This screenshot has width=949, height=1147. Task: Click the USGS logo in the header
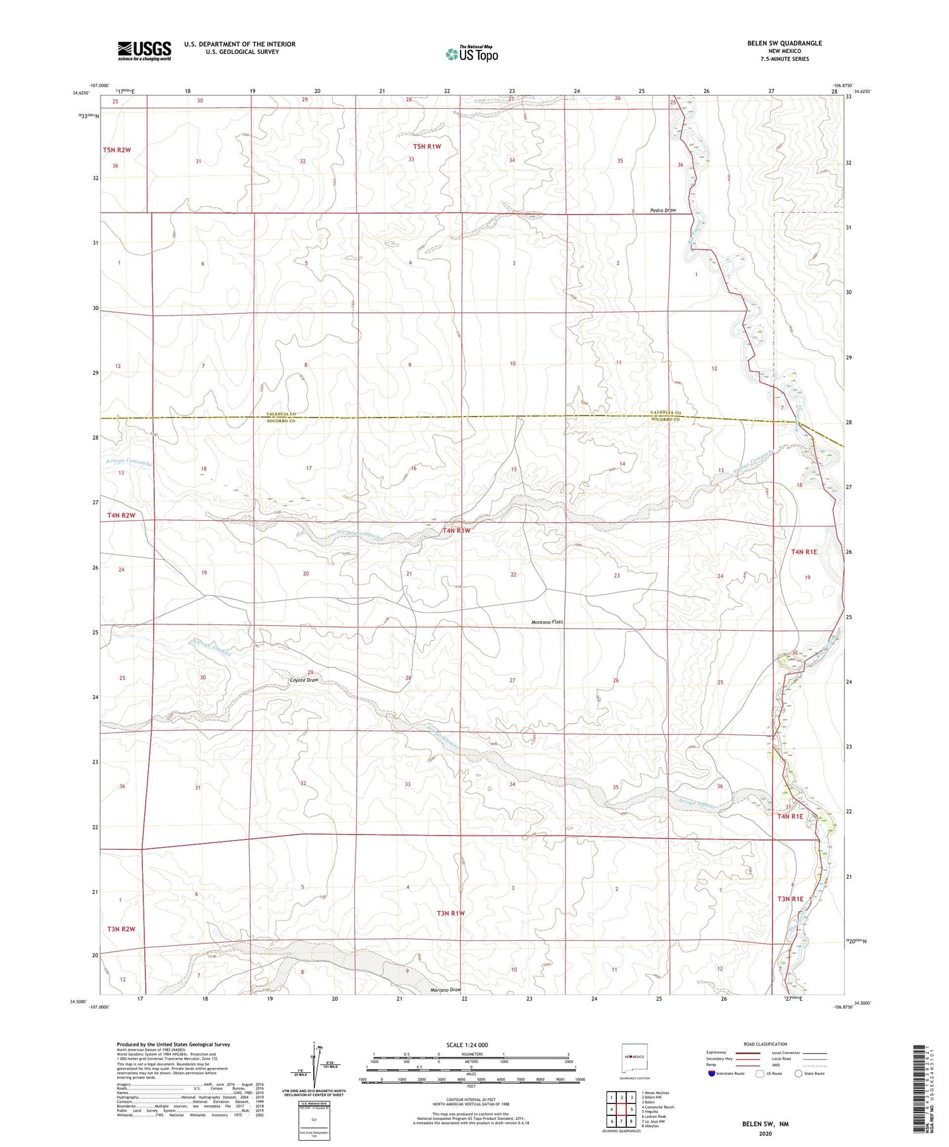[x=144, y=51]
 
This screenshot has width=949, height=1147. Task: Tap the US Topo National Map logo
[x=471, y=54]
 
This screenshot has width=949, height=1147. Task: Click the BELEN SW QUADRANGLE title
[x=784, y=43]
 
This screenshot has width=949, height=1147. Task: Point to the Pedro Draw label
[x=662, y=210]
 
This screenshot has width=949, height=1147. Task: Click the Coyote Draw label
[x=304, y=680]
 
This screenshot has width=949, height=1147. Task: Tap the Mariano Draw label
[x=445, y=990]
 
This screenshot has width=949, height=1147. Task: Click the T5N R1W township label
[x=426, y=147]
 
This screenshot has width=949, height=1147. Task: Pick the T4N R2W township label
[x=121, y=516]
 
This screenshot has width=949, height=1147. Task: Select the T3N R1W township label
[x=450, y=913]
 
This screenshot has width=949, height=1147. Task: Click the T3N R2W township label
[x=121, y=929]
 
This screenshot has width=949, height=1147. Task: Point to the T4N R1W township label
[x=456, y=531]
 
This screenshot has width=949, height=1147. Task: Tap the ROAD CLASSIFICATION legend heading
[x=766, y=1044]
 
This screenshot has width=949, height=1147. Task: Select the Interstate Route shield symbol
[x=712, y=1074]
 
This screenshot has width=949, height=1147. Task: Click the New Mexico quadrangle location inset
[x=633, y=1057]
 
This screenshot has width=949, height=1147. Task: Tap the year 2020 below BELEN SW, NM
[x=766, y=1134]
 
